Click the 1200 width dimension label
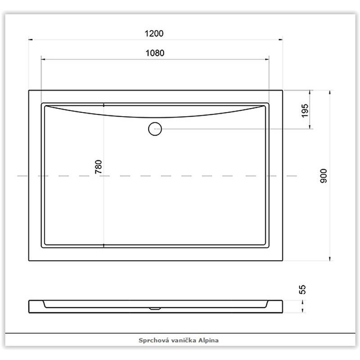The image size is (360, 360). [x=154, y=33]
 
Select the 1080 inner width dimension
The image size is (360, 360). [x=155, y=53]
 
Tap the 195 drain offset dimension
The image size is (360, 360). [x=305, y=111]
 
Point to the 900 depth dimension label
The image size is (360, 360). [x=323, y=176]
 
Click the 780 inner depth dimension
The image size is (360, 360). [x=99, y=166]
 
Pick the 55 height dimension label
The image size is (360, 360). [x=302, y=289]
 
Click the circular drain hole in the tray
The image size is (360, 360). [x=155, y=129]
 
